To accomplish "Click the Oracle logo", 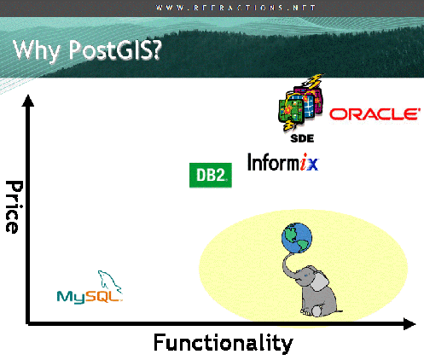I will [374, 113].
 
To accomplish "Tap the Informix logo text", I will [282, 161].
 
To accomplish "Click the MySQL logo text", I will [89, 297].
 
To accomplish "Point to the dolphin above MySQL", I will [108, 282].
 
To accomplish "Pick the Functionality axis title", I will [223, 343].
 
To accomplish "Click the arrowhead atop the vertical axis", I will [30, 101].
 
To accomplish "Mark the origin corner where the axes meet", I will [30, 323].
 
